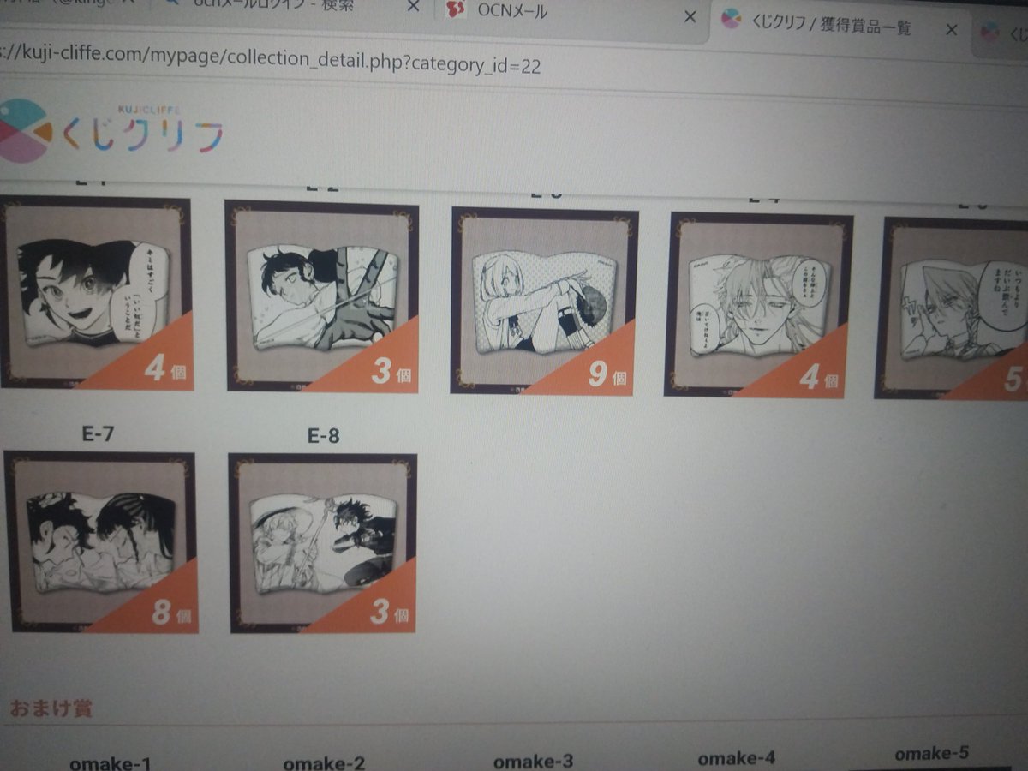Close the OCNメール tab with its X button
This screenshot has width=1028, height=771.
(690, 16)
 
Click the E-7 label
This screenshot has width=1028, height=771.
(98, 433)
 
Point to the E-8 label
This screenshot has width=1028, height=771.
(323, 436)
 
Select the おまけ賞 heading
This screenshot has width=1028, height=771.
(51, 708)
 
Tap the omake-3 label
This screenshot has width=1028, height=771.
(533, 761)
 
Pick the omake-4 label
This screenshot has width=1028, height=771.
(736, 758)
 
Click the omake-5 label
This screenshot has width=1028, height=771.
(931, 754)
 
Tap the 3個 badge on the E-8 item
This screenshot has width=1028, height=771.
(387, 612)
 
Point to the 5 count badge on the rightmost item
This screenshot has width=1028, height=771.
(1011, 379)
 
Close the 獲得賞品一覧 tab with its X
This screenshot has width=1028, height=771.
(951, 29)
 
